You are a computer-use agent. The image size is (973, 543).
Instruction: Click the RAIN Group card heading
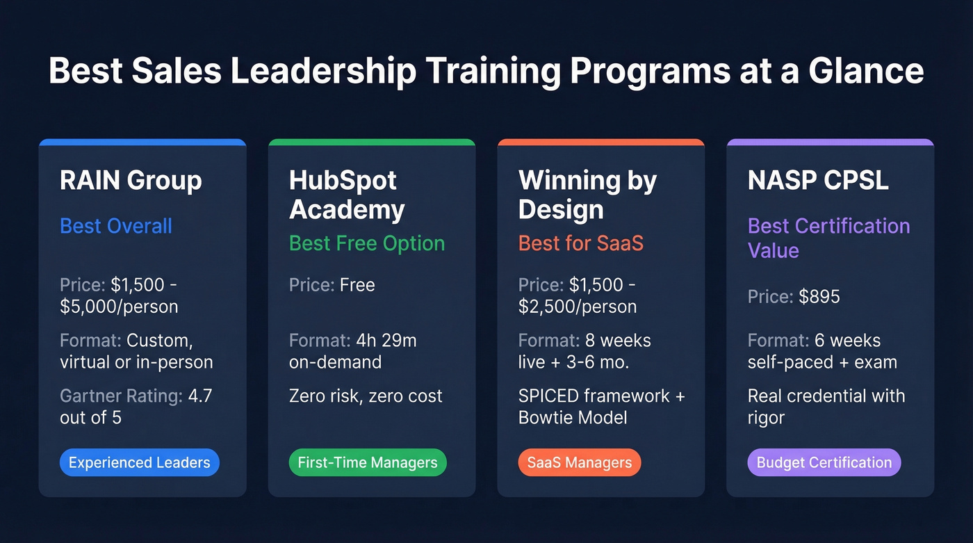click(x=131, y=181)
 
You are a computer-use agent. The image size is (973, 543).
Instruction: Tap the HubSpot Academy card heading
click(x=347, y=195)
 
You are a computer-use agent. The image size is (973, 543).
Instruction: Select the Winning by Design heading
click(x=587, y=195)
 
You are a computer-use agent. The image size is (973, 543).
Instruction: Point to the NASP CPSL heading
click(x=818, y=181)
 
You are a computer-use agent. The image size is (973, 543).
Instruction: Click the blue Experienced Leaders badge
click(x=140, y=462)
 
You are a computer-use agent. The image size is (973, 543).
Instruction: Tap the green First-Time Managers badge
click(x=368, y=462)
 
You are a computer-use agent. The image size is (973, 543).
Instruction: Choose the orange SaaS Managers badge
click(x=580, y=462)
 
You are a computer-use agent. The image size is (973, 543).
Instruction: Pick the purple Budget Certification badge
click(x=824, y=462)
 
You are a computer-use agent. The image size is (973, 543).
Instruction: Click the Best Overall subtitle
click(x=116, y=226)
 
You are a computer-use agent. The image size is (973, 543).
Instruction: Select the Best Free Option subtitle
click(x=367, y=243)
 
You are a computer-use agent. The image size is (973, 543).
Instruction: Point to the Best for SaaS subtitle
click(x=581, y=243)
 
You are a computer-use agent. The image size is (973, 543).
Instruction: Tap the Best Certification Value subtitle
click(x=828, y=238)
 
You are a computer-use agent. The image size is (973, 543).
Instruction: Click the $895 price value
click(x=819, y=297)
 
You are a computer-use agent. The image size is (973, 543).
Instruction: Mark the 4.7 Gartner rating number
click(x=200, y=396)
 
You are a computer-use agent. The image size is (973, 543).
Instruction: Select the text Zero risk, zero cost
click(x=366, y=396)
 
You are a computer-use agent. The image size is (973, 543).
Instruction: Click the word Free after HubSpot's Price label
click(x=357, y=285)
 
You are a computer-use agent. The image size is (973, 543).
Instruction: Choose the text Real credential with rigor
click(x=826, y=407)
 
